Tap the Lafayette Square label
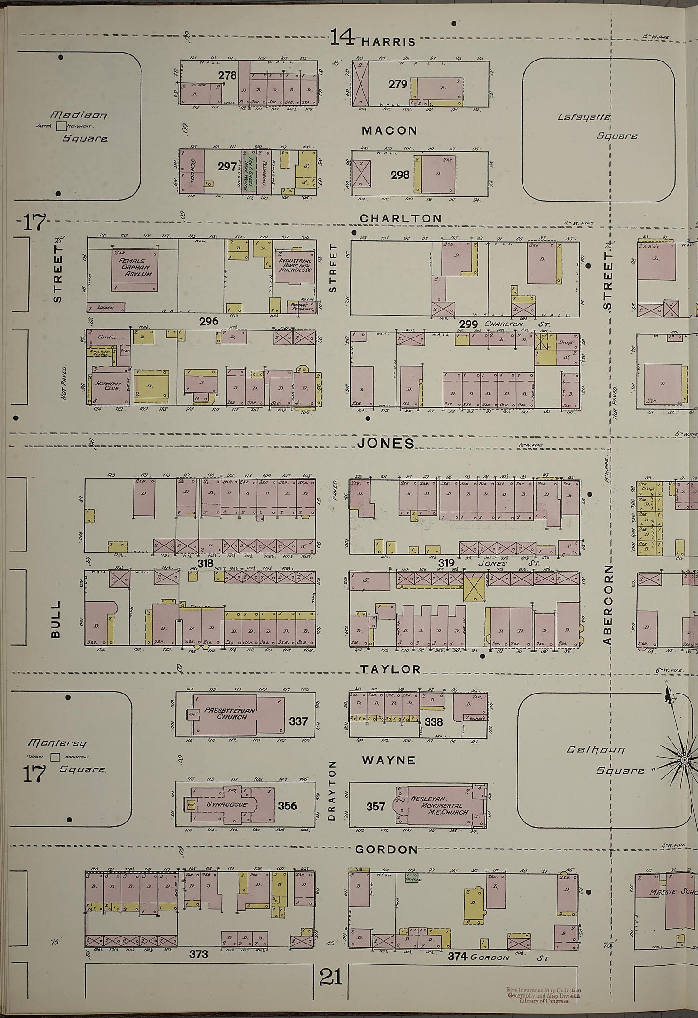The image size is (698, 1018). pyautogui.click(x=597, y=126)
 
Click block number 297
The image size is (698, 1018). pyautogui.click(x=227, y=166)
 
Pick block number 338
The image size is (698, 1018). pyautogui.click(x=433, y=722)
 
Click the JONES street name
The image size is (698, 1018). pyautogui.click(x=386, y=443)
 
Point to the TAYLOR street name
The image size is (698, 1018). pyautogui.click(x=390, y=669)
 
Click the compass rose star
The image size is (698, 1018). pyautogui.click(x=684, y=760)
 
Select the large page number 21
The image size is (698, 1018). pyautogui.click(x=331, y=964)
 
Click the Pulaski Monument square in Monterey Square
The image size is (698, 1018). pyautogui.click(x=55, y=757)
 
